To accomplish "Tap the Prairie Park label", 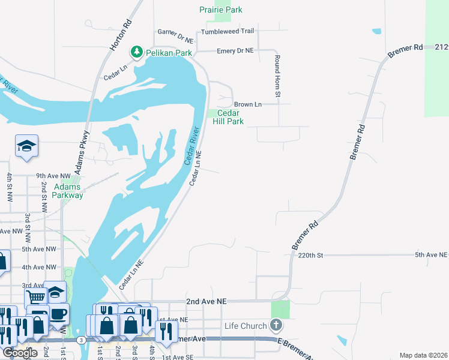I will tap(221, 10).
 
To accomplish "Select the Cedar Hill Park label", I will tap(228, 116).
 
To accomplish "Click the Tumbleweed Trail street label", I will tap(228, 31).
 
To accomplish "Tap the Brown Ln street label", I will tap(247, 104).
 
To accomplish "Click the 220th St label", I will tap(310, 255).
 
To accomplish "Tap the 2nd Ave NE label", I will tap(206, 301).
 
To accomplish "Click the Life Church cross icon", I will tap(276, 326).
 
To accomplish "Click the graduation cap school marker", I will tap(27, 145).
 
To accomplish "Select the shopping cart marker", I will tap(36, 296).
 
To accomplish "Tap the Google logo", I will tap(20, 352).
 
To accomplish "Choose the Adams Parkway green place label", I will tap(67, 191).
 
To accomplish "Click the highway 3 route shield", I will tap(80, 340).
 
